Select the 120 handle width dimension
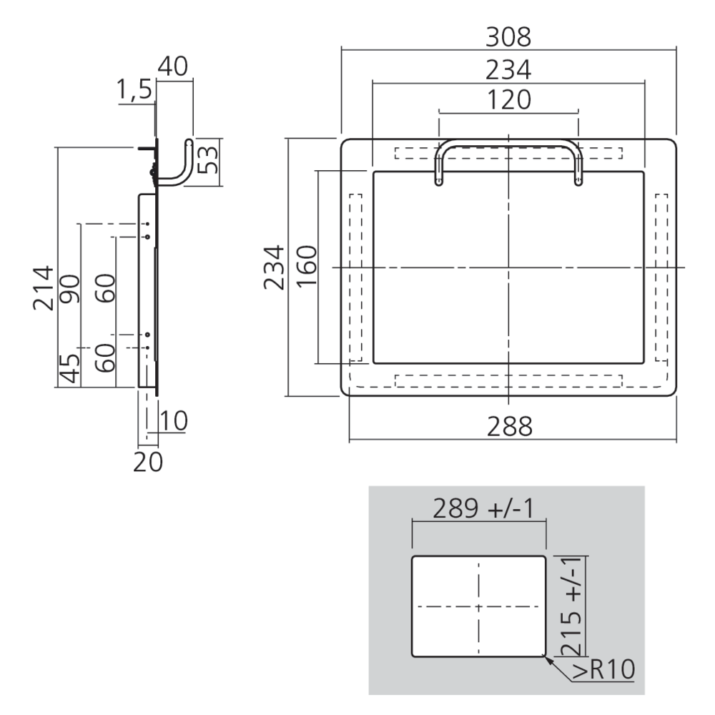(508, 99)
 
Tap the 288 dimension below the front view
(509, 427)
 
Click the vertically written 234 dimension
(274, 267)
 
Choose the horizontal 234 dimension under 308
(508, 69)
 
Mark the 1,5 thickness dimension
(134, 89)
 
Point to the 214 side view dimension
(43, 288)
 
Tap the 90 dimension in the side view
(71, 288)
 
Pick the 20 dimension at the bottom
(149, 462)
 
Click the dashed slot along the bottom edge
(508, 380)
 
